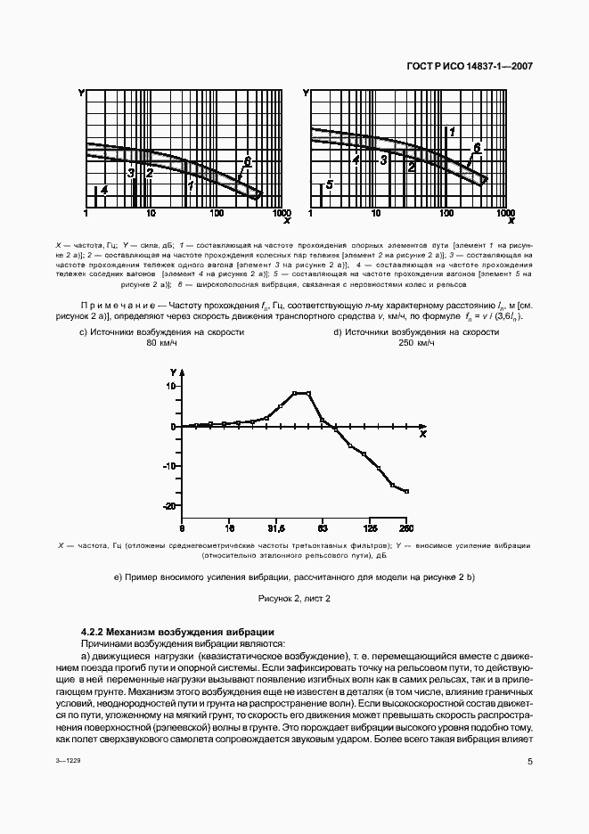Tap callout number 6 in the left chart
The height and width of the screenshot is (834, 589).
[x=247, y=159]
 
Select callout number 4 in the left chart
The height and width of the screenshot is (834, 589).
[x=104, y=190]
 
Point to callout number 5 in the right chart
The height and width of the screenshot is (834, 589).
[x=329, y=184]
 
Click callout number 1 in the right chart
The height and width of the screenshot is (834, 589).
[x=452, y=132]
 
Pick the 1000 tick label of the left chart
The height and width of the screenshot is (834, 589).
[x=281, y=215]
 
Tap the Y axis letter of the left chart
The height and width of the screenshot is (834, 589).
[x=81, y=93]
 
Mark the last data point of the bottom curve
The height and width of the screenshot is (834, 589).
[x=407, y=492]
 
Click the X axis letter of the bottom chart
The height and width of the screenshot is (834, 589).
[x=423, y=434]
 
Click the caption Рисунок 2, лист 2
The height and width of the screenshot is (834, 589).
[x=294, y=599]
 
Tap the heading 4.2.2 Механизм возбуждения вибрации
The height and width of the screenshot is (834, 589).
[x=165, y=632]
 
